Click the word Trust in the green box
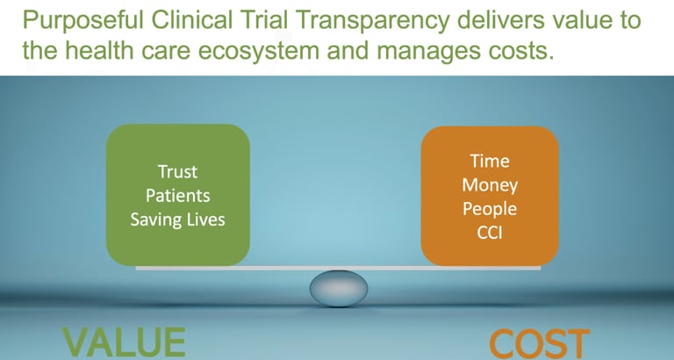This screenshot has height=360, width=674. point(177,171)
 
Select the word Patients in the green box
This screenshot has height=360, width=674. point(177,196)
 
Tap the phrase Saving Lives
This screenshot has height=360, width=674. point(177,220)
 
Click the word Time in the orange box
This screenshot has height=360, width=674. point(490,161)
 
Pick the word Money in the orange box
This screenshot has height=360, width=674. point(490,186)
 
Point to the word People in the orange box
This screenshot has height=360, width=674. point(490,210)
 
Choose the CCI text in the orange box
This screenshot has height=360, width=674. point(490,233)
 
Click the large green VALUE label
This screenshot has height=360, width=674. point(125,342)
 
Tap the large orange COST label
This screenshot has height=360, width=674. point(540,343)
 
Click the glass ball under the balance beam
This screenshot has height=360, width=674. point(339,288)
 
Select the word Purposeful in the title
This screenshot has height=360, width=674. point(83,20)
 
